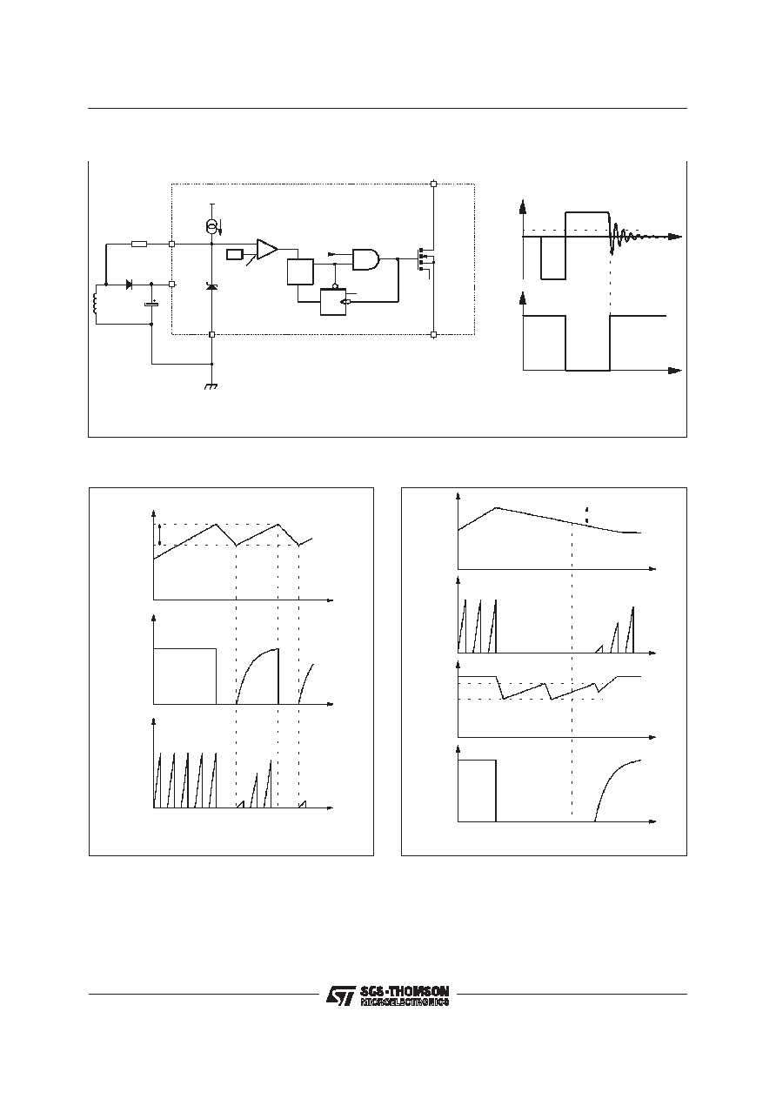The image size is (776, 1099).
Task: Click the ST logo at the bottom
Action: (341, 995)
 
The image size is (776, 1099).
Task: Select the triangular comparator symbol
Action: (267, 249)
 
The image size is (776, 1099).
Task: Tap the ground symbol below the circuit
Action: (211, 386)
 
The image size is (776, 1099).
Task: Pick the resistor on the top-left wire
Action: (140, 244)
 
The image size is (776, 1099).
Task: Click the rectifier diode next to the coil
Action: (130, 284)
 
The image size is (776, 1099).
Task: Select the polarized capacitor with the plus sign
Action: (151, 304)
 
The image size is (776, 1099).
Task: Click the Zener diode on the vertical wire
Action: (212, 286)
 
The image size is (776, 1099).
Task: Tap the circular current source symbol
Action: (212, 226)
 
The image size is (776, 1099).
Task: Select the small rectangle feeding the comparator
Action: (235, 255)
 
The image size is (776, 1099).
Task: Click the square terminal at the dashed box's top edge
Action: (433, 184)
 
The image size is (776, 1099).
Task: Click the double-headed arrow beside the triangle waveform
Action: (159, 534)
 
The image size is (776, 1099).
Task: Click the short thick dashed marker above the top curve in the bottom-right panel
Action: (586, 514)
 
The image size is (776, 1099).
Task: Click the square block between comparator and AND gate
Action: (300, 271)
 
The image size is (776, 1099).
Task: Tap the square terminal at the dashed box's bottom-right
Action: (433, 335)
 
